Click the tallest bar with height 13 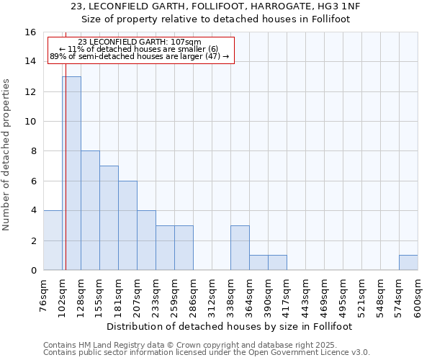(71, 173)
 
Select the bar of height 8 (90, 210)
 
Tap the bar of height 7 (109, 217)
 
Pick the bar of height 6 (127, 225)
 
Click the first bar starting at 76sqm (53, 240)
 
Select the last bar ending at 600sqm (408, 263)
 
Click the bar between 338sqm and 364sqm (240, 248)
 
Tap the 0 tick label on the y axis (33, 270)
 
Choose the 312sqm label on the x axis (212, 297)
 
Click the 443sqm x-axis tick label (305, 297)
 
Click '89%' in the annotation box (57, 56)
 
